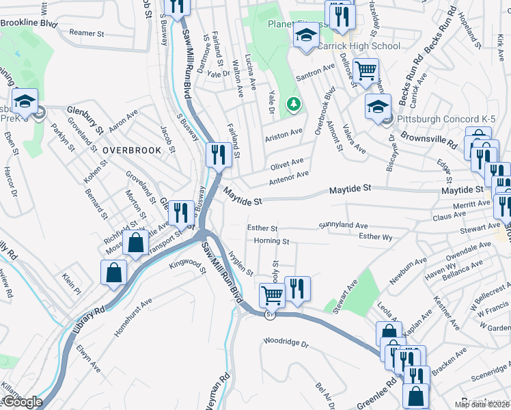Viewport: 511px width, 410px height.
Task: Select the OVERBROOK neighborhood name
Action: (x=132, y=150)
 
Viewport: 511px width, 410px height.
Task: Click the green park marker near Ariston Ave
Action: (x=294, y=104)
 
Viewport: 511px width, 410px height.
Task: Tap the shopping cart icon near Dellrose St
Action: (x=366, y=70)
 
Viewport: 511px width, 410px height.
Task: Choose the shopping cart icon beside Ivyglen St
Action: (x=272, y=295)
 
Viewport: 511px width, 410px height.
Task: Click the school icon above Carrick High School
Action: (x=306, y=36)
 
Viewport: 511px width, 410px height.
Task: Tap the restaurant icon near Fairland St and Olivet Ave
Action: (x=218, y=154)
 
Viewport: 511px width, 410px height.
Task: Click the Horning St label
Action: (x=272, y=241)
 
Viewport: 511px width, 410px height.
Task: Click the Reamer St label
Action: (x=86, y=33)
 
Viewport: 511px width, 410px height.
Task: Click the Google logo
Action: (x=22, y=402)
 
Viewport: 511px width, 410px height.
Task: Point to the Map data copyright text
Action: (x=482, y=405)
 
